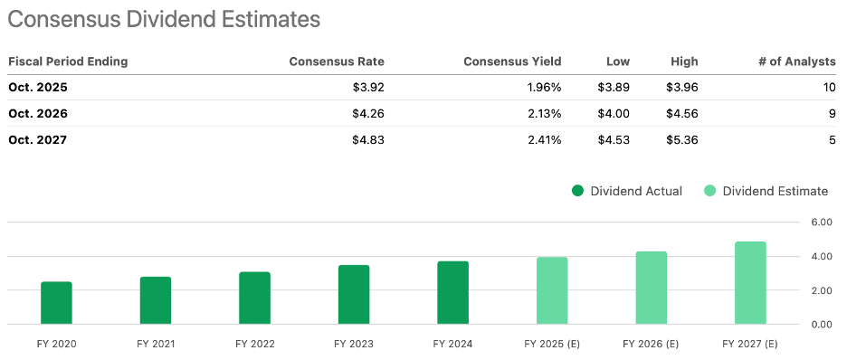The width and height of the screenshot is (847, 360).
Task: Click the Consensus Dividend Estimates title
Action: coord(166,18)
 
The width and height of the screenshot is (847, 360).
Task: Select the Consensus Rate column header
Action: coord(337,62)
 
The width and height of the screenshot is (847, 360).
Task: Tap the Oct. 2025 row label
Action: coord(38,88)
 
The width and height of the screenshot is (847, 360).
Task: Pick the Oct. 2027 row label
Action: coord(38,139)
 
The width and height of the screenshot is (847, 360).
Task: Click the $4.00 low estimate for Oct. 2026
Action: coord(613,114)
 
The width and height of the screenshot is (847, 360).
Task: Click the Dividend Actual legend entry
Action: coord(627,191)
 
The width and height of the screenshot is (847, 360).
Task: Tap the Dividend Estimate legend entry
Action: coord(766,191)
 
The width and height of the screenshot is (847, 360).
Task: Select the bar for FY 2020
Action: coord(56,303)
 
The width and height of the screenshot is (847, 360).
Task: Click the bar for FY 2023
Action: coord(354,295)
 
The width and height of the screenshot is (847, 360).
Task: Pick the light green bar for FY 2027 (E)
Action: coord(750,283)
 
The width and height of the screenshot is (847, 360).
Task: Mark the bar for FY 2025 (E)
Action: coord(552,290)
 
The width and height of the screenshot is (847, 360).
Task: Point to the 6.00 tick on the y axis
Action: coord(820,222)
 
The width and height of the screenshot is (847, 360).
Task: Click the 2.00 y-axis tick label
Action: coord(820,290)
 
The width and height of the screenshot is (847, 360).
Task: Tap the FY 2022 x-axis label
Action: coord(254,344)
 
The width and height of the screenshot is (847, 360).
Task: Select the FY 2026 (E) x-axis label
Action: coord(652,344)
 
